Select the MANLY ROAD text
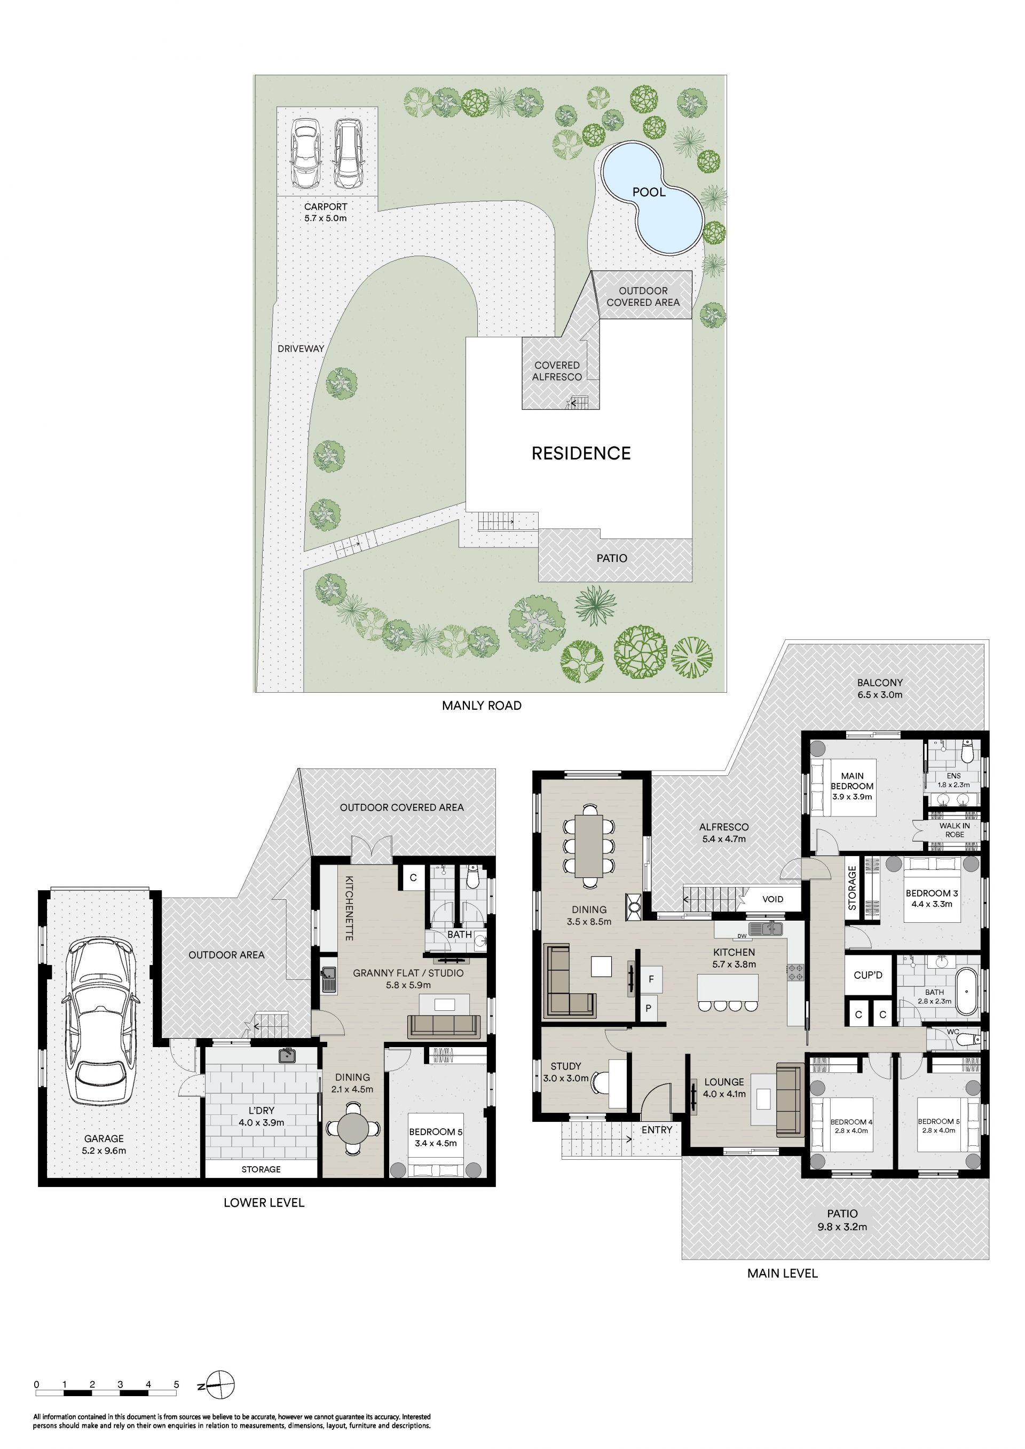point(482,706)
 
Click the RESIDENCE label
point(581,453)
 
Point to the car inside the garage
point(101,1021)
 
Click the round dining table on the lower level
point(353,1127)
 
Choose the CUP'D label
point(868,975)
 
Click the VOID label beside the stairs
point(772,899)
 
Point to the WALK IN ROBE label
point(955,830)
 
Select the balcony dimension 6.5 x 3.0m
point(879,695)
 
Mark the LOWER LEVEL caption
point(264,1203)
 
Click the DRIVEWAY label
point(301,349)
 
